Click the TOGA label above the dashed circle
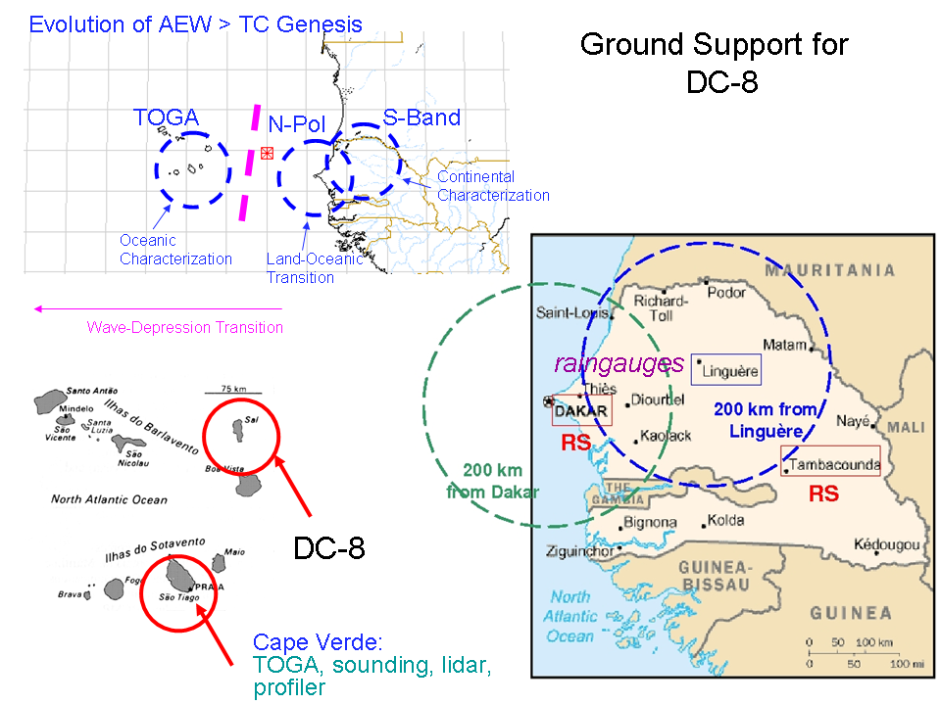[x=166, y=118]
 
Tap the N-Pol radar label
[x=296, y=124]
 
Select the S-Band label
[x=421, y=118]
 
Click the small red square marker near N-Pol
[x=267, y=153]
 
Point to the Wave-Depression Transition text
[x=185, y=328]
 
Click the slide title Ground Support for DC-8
[x=714, y=62]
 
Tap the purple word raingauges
[x=619, y=364]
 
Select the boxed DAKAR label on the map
[x=581, y=410]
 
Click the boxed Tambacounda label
[x=832, y=464]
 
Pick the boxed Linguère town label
[x=726, y=369]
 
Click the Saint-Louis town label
[x=571, y=312]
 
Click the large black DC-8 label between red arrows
[x=329, y=548]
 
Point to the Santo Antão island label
[x=92, y=389]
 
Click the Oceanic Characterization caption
[x=175, y=250]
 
